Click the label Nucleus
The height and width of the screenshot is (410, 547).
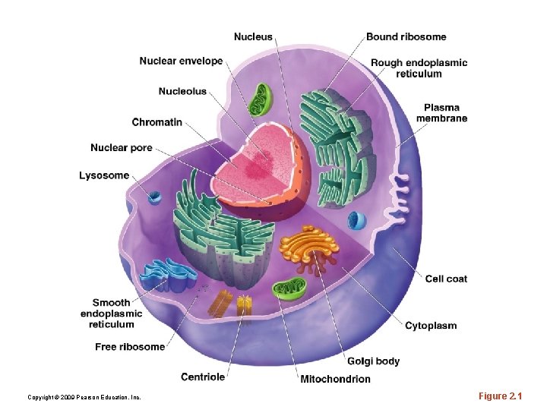(253, 36)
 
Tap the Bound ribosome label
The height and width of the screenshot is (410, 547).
(406, 36)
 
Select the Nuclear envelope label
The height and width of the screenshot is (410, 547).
(181, 61)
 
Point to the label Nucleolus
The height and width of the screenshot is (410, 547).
(182, 92)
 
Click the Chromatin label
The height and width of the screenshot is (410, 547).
(157, 122)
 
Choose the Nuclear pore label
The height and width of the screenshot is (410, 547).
(121, 147)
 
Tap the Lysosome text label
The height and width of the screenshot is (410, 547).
(104, 175)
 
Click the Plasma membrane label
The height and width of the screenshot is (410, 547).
(441, 112)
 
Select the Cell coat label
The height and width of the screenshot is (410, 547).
(446, 279)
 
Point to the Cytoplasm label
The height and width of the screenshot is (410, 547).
(431, 326)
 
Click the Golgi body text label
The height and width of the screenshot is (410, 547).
(373, 361)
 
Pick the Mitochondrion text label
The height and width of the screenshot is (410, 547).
(335, 379)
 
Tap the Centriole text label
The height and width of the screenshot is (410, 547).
(203, 377)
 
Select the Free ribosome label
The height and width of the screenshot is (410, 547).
(130, 347)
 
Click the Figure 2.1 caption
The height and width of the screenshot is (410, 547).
(501, 396)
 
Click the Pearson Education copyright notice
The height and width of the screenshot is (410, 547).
(84, 397)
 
